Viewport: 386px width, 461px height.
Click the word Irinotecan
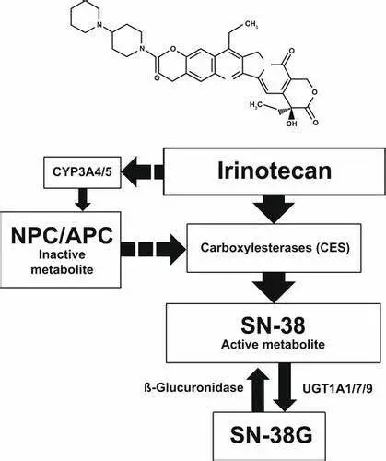click(x=275, y=171)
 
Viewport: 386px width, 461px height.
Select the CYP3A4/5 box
click(x=82, y=172)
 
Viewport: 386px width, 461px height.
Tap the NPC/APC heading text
click(x=62, y=236)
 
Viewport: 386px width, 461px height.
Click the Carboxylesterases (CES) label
click(x=275, y=248)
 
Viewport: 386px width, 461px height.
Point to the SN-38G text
click(x=272, y=435)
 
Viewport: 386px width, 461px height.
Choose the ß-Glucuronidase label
click(x=193, y=387)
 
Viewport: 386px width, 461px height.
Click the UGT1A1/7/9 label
click(x=338, y=388)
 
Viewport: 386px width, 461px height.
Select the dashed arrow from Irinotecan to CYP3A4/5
click(x=143, y=171)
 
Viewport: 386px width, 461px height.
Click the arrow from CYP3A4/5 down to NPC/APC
click(x=82, y=200)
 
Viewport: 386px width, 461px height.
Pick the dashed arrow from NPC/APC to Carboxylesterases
click(x=154, y=249)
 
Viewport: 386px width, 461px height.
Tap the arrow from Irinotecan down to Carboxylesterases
click(x=274, y=208)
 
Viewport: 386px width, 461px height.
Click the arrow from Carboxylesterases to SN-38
click(x=274, y=288)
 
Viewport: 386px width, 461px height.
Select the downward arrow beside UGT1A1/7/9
click(x=285, y=387)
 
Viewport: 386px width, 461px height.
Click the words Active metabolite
click(x=273, y=344)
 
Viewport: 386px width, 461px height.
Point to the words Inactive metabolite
click(x=62, y=262)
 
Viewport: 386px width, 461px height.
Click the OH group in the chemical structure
click(x=291, y=124)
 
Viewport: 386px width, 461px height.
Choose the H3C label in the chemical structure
click(x=255, y=104)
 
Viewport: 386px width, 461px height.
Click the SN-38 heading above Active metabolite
click(x=273, y=325)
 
